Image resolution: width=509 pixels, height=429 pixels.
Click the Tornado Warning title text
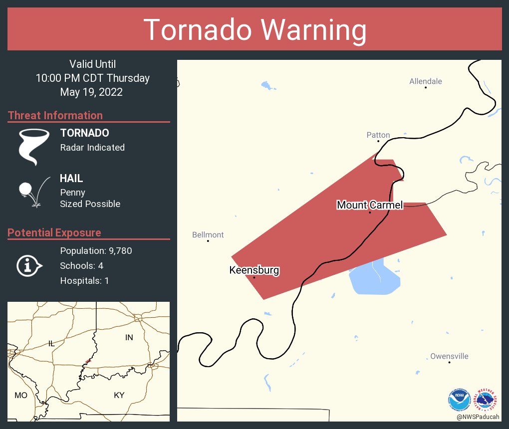[254, 30]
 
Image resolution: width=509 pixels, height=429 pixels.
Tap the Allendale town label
[425, 81]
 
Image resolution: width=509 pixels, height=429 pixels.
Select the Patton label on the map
[378, 135]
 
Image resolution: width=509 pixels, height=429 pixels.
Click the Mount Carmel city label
[369, 205]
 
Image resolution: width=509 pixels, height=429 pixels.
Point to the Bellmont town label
[208, 235]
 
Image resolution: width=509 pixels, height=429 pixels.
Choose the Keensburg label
[254, 270]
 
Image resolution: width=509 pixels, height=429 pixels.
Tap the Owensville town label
[449, 356]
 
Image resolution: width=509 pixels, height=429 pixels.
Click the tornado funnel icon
[34, 147]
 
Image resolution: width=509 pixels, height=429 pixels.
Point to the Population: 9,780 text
[96, 251]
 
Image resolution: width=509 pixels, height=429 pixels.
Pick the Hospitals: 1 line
[84, 281]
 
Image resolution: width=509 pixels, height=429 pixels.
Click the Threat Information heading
[55, 116]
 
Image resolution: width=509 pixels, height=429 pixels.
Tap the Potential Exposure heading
[54, 233]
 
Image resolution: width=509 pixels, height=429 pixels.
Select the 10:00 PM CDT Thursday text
[92, 78]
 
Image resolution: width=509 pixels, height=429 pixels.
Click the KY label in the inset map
[119, 395]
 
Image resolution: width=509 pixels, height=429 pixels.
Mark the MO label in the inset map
[20, 395]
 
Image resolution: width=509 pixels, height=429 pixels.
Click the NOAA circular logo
[459, 400]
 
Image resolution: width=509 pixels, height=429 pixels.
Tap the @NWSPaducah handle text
[478, 417]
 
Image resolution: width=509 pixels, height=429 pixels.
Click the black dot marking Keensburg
[254, 277]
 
